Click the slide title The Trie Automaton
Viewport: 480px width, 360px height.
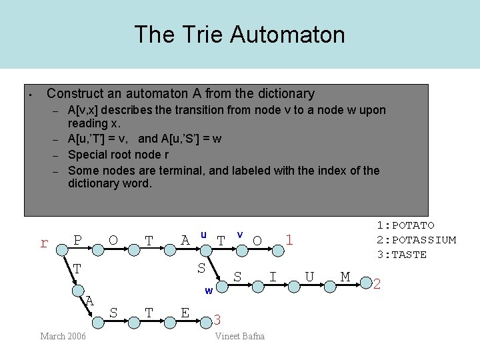click(239, 34)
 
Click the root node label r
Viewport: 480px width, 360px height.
click(44, 243)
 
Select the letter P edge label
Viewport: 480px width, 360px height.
click(78, 240)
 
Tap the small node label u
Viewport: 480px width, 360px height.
click(203, 234)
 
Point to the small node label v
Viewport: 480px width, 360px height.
click(240, 234)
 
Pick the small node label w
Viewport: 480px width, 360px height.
click(209, 291)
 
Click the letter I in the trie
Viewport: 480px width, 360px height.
click(272, 276)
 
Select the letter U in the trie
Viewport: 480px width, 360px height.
click(309, 276)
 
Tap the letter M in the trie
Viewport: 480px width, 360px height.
click(345, 276)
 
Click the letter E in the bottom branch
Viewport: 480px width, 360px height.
click(185, 312)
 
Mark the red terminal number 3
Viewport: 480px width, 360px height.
click(217, 321)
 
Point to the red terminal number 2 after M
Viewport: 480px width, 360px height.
click(377, 285)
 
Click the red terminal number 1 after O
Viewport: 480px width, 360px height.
click(289, 239)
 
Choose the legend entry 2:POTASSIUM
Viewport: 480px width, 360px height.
click(416, 240)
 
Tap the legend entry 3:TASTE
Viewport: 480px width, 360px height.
click(401, 255)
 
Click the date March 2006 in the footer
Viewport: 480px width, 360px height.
click(63, 336)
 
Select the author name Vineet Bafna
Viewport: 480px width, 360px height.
click(239, 336)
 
